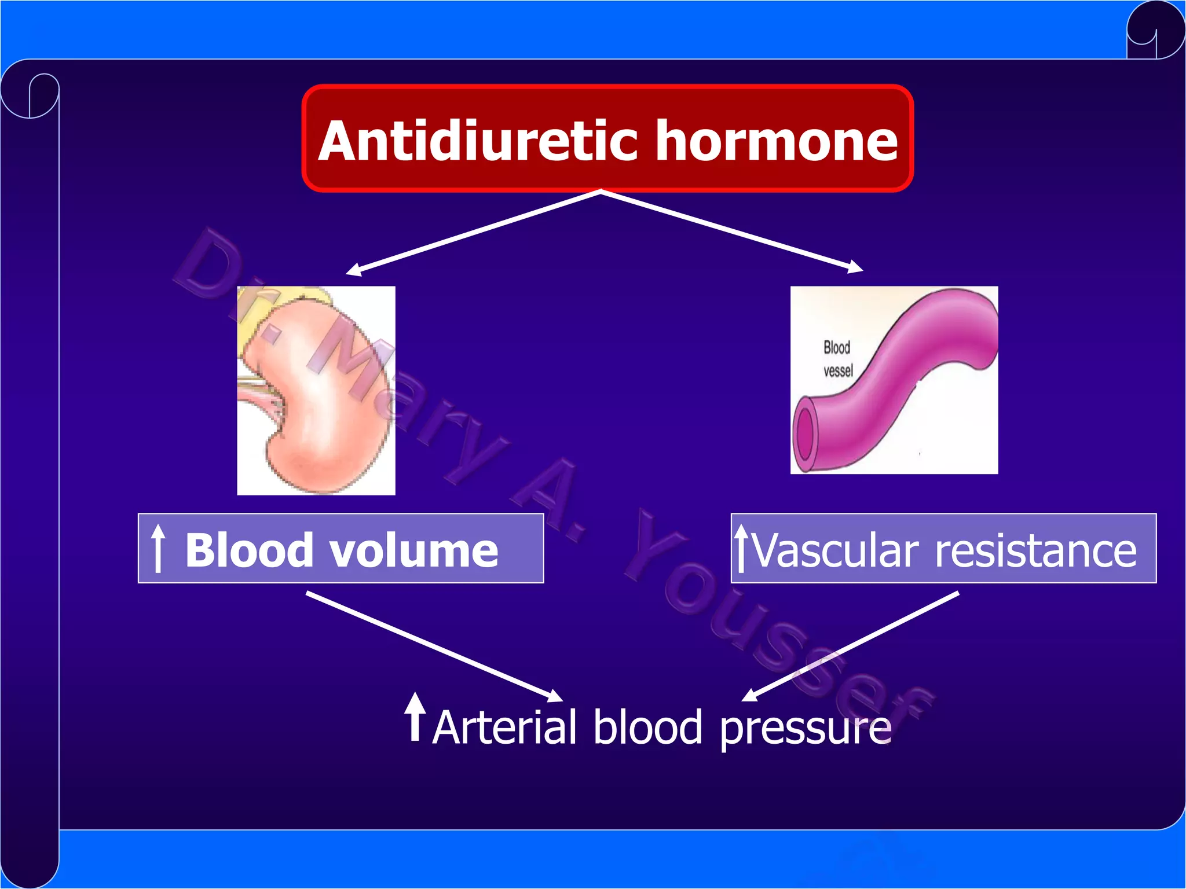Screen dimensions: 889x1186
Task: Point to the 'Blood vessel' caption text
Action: (x=838, y=359)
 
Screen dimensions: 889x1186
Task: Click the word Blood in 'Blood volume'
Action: (x=250, y=550)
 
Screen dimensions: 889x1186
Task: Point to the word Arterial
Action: (x=504, y=728)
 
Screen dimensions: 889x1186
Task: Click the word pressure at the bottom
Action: (x=805, y=729)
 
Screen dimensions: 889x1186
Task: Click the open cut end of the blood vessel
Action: (x=805, y=431)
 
